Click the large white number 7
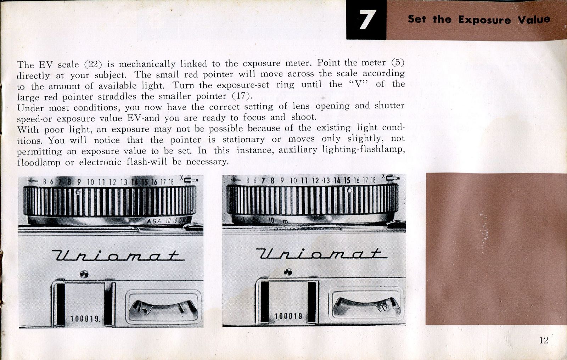tap(366, 19)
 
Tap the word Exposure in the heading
tap(484, 20)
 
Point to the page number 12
tap(544, 340)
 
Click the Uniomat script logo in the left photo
tap(118, 255)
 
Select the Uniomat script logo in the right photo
tap(321, 253)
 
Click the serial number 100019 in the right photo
tap(288, 316)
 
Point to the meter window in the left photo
tap(163, 307)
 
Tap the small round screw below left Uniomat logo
tap(84, 274)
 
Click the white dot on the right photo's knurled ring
tap(349, 190)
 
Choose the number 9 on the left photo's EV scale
tap(79, 182)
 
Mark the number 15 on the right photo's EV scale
tap(347, 180)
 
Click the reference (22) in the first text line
tap(93, 64)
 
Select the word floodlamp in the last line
tap(39, 162)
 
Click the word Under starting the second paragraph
tap(30, 108)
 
